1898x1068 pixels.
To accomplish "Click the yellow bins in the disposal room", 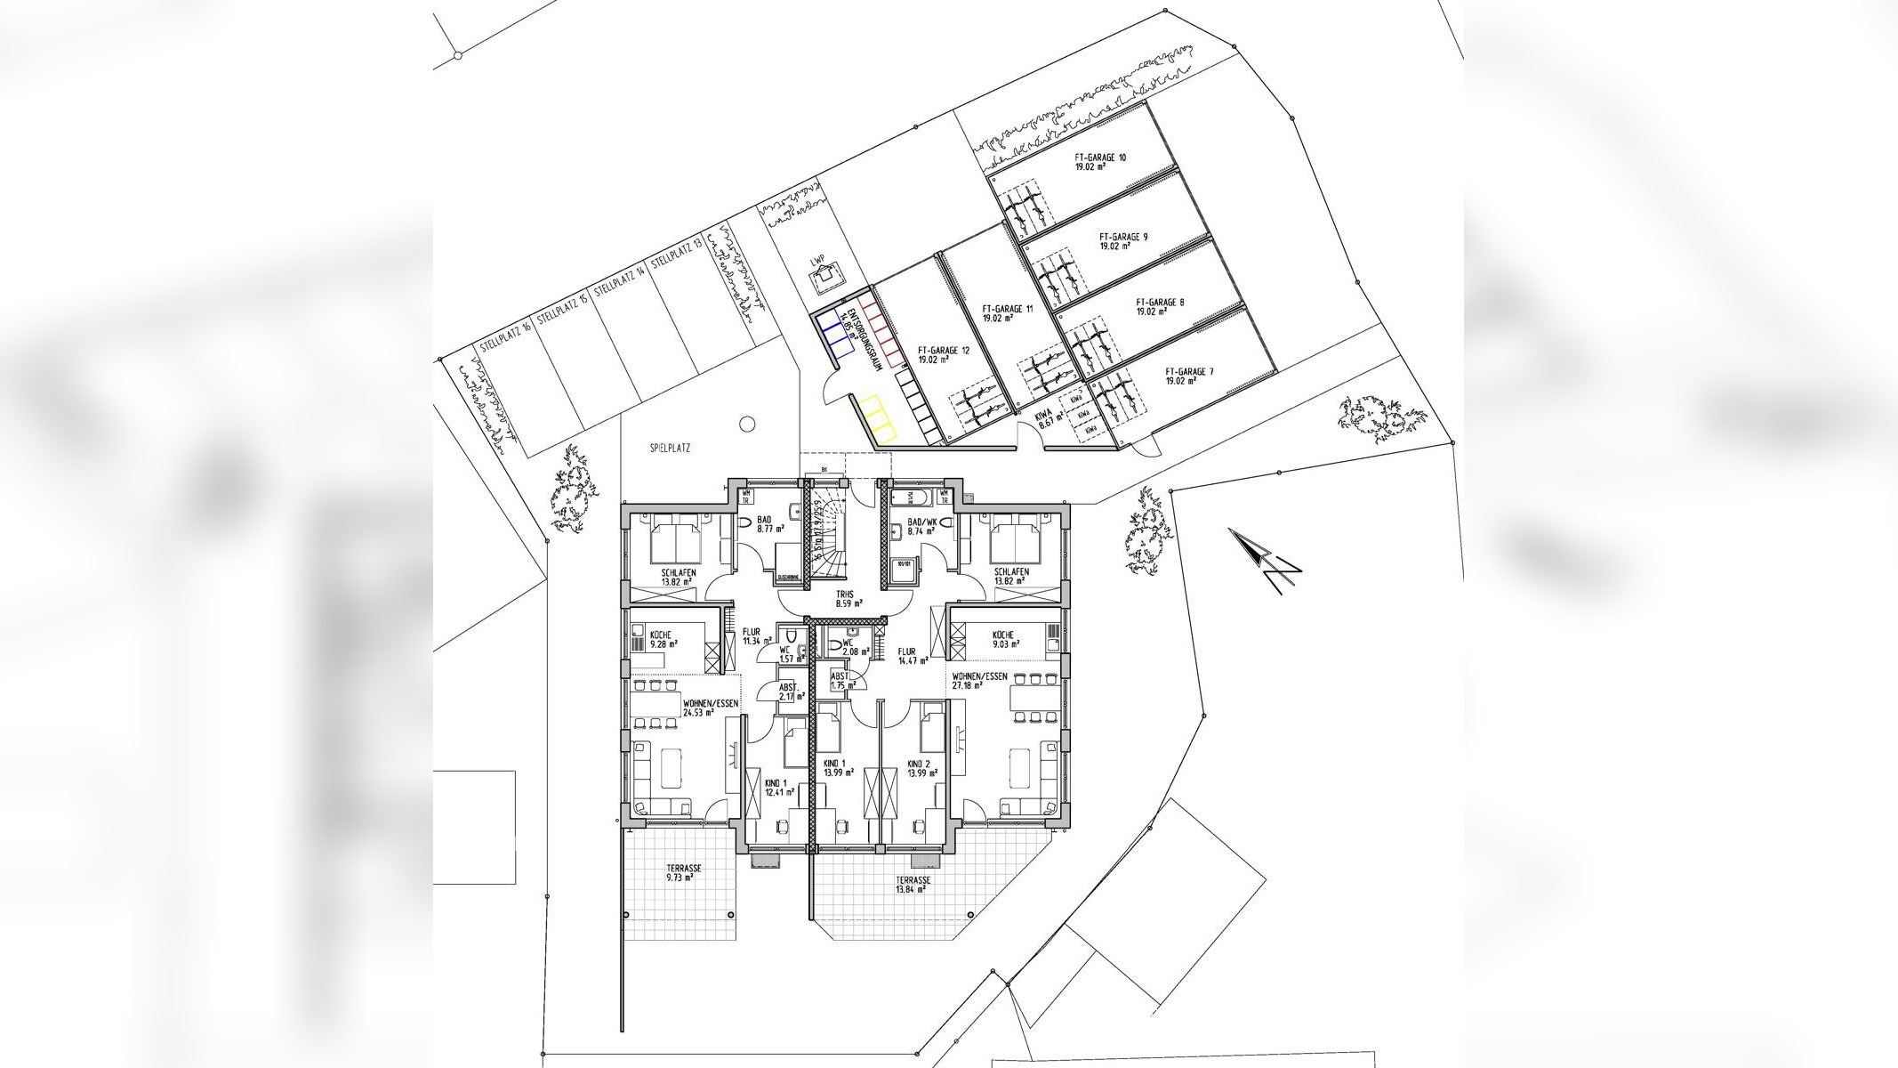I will coord(876,417).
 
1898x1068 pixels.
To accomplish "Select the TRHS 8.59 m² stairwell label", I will coord(843,598).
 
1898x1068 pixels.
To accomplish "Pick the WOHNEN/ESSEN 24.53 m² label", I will coord(710,708).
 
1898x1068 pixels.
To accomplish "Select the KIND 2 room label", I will coord(918,769).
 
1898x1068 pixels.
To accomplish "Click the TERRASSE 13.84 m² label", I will coord(913,884).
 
